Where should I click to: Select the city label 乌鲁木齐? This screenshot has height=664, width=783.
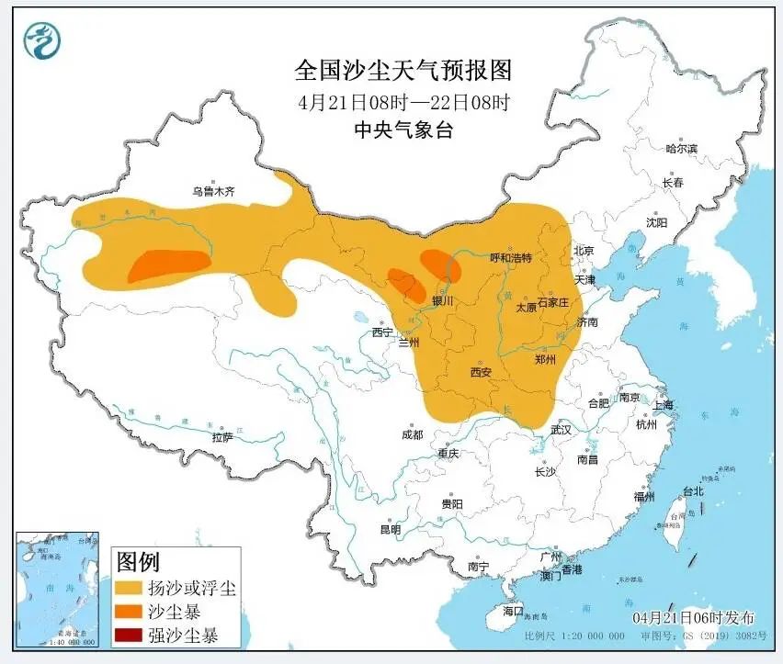tap(213, 192)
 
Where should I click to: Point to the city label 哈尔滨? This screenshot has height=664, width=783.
tap(681, 148)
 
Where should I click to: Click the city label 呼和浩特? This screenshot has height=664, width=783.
tap(511, 258)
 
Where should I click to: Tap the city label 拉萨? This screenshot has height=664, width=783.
tap(222, 438)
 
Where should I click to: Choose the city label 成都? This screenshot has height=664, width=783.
tap(412, 434)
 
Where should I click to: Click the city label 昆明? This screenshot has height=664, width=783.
tap(391, 529)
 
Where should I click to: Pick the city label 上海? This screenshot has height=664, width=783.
tap(663, 405)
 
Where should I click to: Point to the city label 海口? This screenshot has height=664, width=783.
tap(513, 611)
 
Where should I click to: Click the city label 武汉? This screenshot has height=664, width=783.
tap(561, 430)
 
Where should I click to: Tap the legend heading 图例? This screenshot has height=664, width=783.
tap(136, 561)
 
